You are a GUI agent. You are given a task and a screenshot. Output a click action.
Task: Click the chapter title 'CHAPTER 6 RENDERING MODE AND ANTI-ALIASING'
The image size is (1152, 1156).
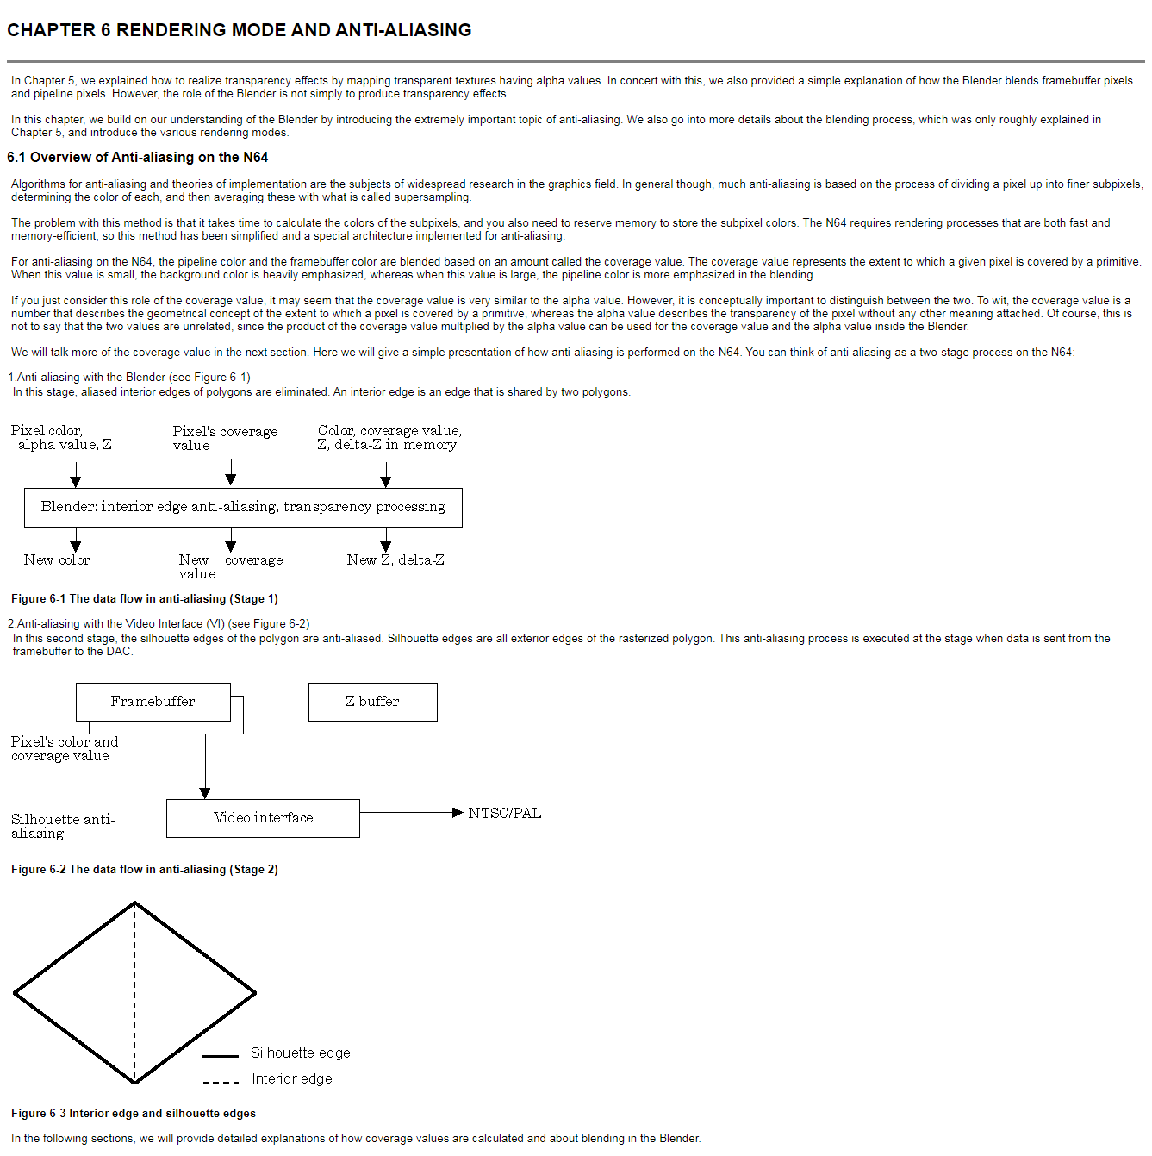click(239, 30)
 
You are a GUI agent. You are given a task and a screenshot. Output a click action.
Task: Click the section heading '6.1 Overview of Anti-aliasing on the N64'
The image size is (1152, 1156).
click(138, 157)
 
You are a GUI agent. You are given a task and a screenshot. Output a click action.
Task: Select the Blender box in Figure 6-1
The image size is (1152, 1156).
click(243, 507)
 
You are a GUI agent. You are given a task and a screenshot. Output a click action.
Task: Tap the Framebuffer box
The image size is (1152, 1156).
click(153, 702)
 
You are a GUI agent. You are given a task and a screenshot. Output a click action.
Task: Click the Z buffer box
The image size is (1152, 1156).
click(372, 702)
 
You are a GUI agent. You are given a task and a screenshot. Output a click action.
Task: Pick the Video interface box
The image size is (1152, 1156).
click(263, 818)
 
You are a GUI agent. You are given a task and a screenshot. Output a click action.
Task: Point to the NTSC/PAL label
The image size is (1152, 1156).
click(505, 813)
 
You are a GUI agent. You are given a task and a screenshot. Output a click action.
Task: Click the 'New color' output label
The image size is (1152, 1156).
click(57, 560)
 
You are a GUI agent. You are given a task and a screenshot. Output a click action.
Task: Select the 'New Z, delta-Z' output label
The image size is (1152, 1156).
click(395, 560)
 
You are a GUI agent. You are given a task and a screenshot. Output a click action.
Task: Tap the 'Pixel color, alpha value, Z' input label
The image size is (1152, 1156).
click(60, 438)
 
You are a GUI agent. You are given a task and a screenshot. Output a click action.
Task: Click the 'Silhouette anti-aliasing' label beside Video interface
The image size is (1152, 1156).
click(62, 826)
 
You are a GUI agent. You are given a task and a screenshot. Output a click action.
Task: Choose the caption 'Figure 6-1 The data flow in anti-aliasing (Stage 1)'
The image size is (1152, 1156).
click(145, 598)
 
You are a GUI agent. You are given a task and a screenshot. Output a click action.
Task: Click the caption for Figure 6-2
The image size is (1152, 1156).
click(145, 869)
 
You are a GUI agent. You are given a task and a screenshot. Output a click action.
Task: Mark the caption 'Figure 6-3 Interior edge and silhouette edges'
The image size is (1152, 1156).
click(134, 1113)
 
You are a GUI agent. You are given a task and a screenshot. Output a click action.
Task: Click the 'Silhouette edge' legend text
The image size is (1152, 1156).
click(300, 1053)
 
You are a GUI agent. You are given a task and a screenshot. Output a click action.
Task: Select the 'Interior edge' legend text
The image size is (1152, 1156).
click(291, 1078)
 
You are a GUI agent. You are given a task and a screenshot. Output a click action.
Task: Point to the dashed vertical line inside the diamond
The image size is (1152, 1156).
click(134, 991)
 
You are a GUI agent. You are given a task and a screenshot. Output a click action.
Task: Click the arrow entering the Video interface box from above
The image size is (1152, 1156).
click(205, 767)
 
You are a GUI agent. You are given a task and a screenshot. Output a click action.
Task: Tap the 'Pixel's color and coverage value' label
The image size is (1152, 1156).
click(64, 748)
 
